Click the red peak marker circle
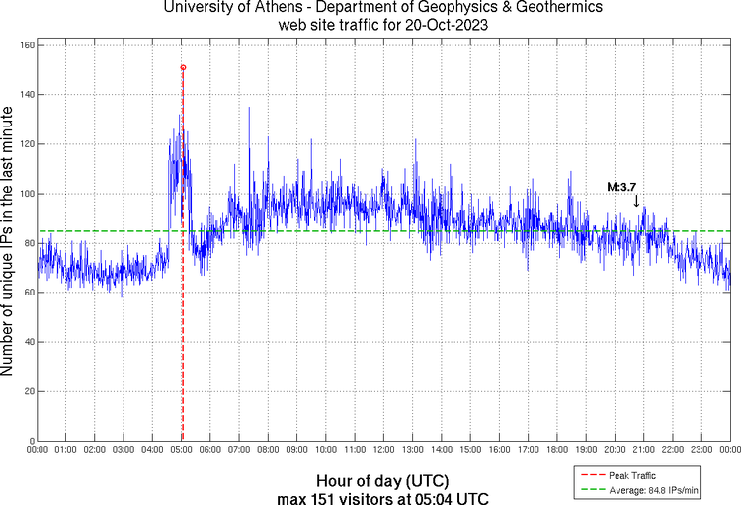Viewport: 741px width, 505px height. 183,67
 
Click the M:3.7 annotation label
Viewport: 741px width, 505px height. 622,186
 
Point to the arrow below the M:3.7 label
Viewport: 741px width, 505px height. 637,201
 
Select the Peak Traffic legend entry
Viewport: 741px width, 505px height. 632,475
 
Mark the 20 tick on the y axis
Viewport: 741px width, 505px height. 27,391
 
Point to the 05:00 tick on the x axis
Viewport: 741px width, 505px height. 182,449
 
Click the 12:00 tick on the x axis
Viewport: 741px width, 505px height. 384,449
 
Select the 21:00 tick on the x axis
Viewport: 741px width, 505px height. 644,449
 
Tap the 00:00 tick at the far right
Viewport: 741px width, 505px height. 729,449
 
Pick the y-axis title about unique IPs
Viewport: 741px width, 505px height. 9,243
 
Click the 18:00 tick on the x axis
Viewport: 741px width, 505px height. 557,449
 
